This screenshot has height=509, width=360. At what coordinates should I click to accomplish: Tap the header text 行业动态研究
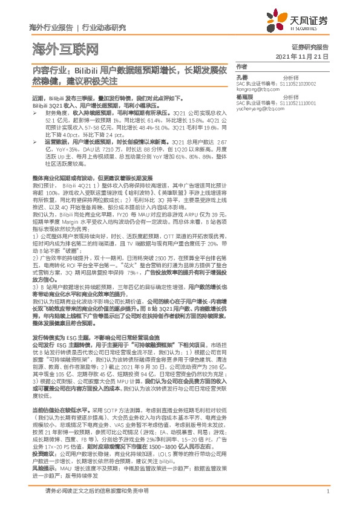103,27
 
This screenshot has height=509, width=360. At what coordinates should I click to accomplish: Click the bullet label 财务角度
55,112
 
